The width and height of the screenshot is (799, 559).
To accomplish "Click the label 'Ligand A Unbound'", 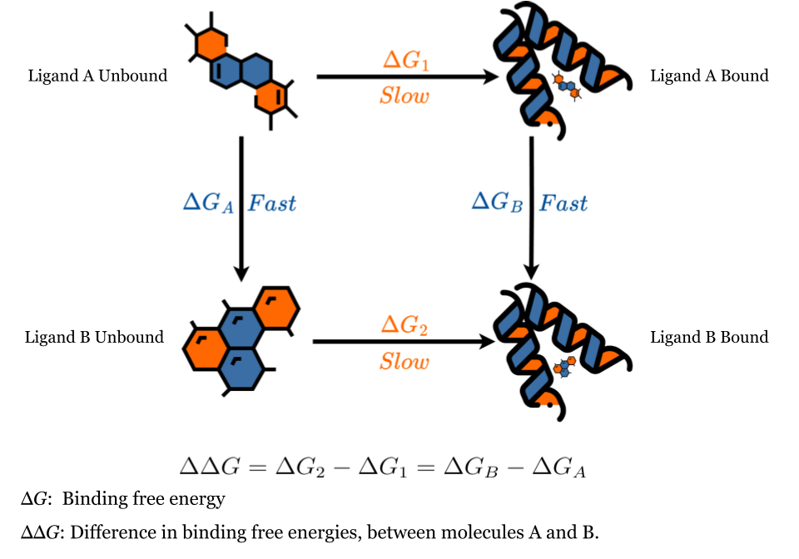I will point(97,76).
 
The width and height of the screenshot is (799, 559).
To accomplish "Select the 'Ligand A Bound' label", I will point(709,76).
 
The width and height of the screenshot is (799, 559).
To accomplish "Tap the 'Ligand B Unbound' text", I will point(94,337).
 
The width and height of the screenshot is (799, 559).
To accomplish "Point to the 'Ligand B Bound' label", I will point(709,337).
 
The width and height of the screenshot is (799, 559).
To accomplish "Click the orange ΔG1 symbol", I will point(404,61).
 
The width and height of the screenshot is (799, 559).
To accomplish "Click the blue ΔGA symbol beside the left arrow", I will point(209,203).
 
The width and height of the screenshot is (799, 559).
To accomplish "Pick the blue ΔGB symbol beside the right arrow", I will point(497,203).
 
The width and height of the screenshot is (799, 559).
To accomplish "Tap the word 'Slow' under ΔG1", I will point(404,96).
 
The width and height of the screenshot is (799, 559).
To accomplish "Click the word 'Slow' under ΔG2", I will point(404,362).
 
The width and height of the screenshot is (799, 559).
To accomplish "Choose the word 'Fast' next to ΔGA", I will point(271,203).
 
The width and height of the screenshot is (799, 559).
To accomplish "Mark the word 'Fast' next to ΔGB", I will point(563,203).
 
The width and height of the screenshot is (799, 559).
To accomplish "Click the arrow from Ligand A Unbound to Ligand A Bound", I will point(406,77).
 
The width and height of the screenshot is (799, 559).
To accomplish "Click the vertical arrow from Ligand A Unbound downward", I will point(241,208).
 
